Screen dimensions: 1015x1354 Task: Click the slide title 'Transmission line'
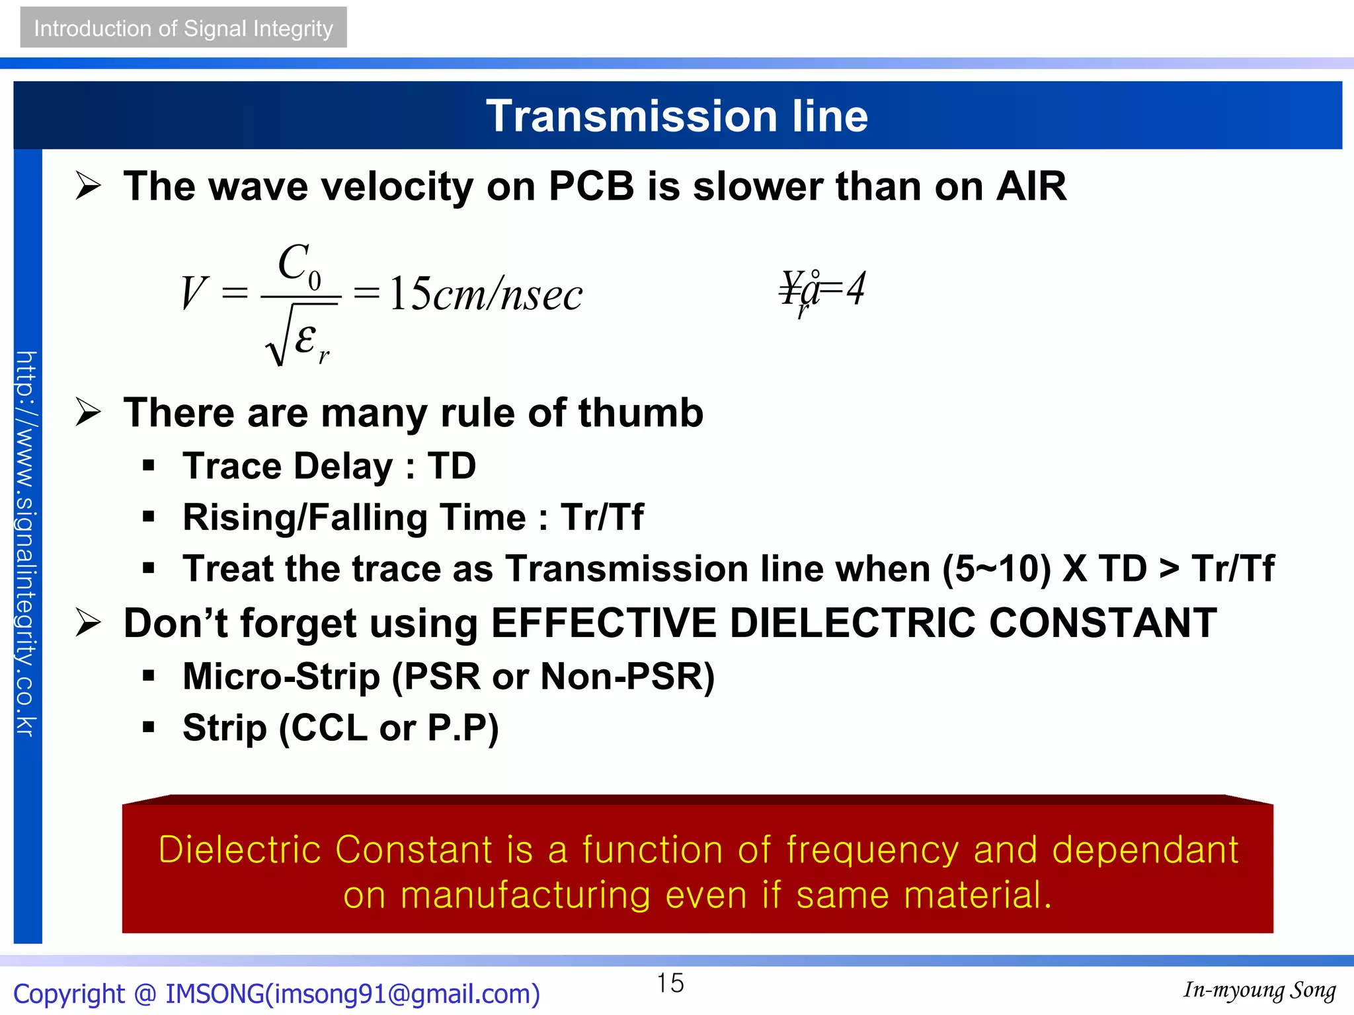(676, 116)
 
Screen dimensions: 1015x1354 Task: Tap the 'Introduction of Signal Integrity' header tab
(183, 28)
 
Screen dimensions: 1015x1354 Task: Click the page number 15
(670, 983)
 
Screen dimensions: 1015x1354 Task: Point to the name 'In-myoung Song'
(1259, 990)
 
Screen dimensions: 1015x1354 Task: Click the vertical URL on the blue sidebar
(27, 543)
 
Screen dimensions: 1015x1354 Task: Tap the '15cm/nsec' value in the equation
(486, 293)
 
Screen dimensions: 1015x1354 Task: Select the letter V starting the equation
(193, 293)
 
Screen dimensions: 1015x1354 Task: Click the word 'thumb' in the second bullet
(641, 413)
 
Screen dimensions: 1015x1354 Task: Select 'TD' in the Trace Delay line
(452, 466)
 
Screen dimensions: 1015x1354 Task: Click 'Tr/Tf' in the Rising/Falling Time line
(602, 517)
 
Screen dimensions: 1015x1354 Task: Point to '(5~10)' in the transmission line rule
(996, 568)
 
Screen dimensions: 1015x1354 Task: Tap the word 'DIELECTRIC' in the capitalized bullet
(852, 622)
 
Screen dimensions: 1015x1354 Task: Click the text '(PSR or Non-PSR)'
(553, 677)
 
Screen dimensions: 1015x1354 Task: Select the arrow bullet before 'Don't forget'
(88, 622)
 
